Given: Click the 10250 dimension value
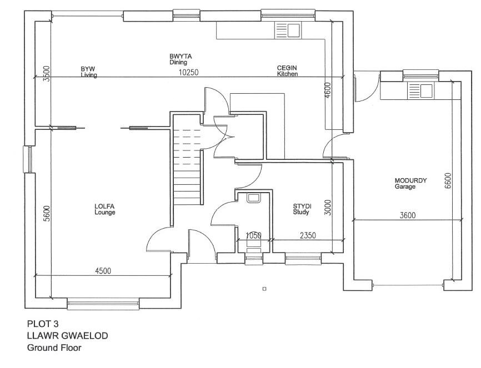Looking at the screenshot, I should pyautogui.click(x=188, y=73).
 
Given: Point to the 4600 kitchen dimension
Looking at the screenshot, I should pyautogui.click(x=328, y=90).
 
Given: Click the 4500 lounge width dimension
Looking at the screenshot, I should pyautogui.click(x=103, y=271).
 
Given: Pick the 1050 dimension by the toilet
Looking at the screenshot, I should pyautogui.click(x=253, y=235).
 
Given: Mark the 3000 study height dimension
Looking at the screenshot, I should pyautogui.click(x=328, y=207).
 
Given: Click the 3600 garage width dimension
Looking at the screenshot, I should pyautogui.click(x=407, y=215).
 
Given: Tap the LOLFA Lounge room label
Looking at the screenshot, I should pyautogui.click(x=104, y=209).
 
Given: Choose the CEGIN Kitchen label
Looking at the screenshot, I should pyautogui.click(x=288, y=71).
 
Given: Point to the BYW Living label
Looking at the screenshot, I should pyautogui.click(x=88, y=72).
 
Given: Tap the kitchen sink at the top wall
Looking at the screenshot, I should pyautogui.click(x=287, y=31).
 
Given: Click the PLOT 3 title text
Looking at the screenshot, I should pyautogui.click(x=43, y=323).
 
